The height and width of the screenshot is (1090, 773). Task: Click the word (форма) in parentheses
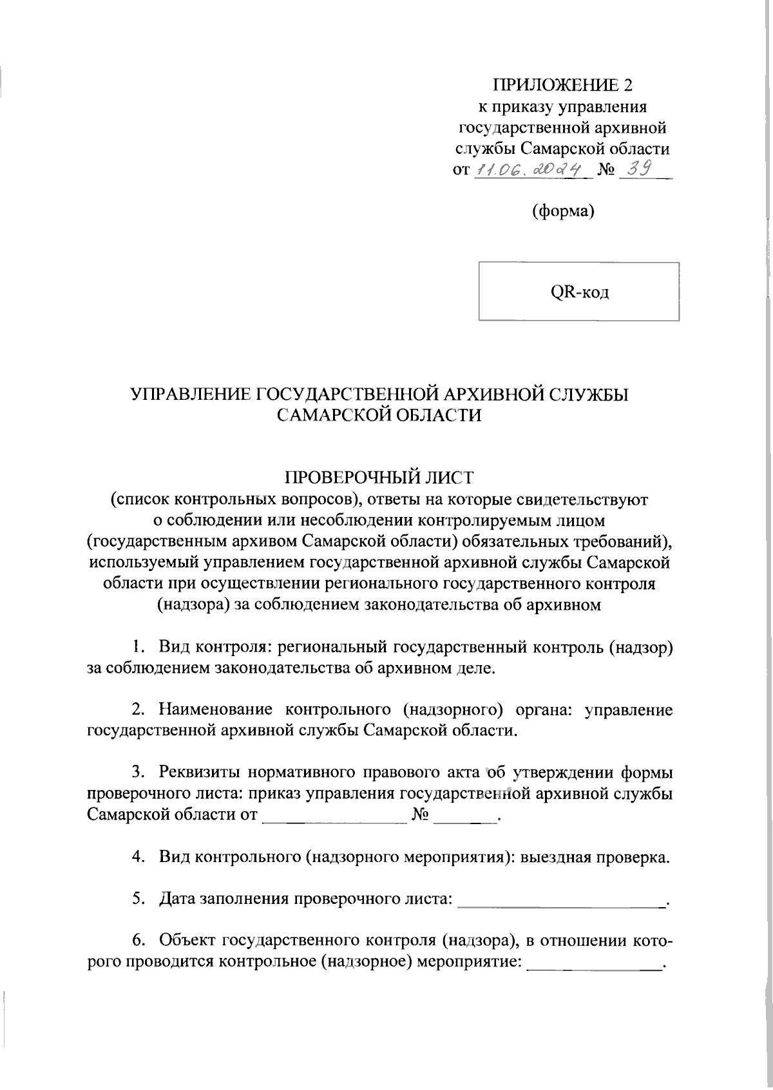pos(562,211)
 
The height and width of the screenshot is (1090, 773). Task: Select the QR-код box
pos(578,291)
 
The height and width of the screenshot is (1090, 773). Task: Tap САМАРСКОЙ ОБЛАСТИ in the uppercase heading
pos(379,415)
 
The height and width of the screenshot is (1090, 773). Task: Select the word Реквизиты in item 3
pos(199,772)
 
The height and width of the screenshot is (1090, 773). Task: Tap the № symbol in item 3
pos(420,814)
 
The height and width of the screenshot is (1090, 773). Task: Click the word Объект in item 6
pos(187,941)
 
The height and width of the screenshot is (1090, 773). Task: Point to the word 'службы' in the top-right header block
pos(485,149)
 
